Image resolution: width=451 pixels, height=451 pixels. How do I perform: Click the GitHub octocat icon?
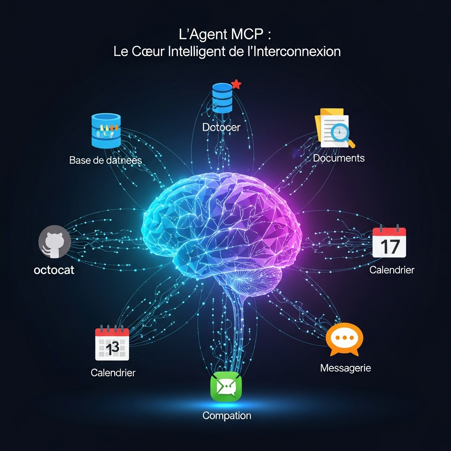(55, 242)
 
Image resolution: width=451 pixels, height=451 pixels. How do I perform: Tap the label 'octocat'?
(54, 270)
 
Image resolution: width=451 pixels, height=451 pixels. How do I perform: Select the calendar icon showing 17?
(389, 243)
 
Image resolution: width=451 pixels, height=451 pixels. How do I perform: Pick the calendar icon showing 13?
(112, 343)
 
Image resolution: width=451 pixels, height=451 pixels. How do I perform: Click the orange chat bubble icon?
(344, 339)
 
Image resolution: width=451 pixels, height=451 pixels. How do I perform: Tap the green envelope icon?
(226, 387)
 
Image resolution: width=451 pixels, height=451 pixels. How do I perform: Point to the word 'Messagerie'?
(345, 368)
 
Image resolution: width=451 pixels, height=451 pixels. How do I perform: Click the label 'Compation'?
(227, 415)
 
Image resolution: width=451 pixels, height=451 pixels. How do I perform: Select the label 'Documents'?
(339, 158)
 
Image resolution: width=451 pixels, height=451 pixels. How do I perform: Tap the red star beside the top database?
(237, 84)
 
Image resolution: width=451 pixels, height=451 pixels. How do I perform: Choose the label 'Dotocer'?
(222, 127)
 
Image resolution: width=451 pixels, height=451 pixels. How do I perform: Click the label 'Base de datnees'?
(106, 160)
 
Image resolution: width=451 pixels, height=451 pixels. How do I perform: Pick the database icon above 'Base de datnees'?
(106, 130)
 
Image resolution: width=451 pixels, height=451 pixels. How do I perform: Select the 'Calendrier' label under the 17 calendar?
(392, 270)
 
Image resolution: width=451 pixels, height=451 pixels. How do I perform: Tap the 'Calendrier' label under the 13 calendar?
(113, 373)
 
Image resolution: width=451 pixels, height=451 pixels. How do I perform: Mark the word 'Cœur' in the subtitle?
(148, 51)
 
